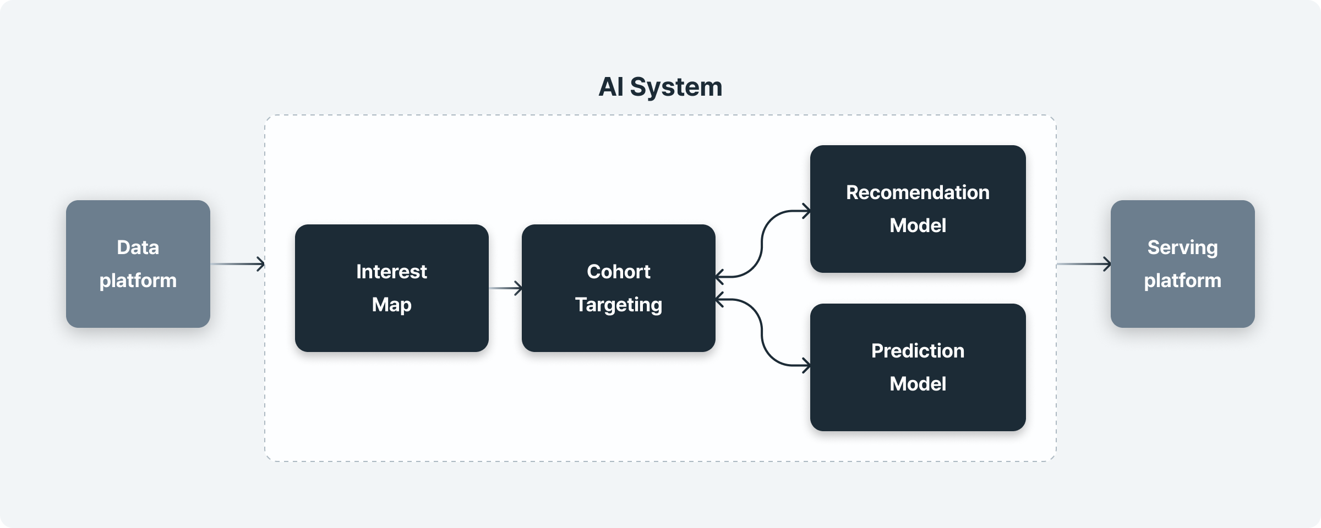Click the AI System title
pyautogui.click(x=660, y=87)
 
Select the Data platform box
pyautogui.click(x=138, y=264)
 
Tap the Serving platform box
pyautogui.click(x=1183, y=264)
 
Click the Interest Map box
pyautogui.click(x=392, y=288)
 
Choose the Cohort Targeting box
pyautogui.click(x=619, y=288)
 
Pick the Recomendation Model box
pyautogui.click(x=918, y=209)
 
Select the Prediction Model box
pyautogui.click(x=918, y=367)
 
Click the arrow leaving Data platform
pyautogui.click(x=238, y=264)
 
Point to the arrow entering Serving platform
pyautogui.click(x=1084, y=264)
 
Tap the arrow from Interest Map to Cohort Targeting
pyautogui.click(x=505, y=288)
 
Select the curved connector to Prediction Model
pyautogui.click(x=762, y=332)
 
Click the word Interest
pyautogui.click(x=391, y=272)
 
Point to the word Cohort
pyautogui.click(x=619, y=272)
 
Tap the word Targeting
pyautogui.click(x=619, y=305)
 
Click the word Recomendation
pyautogui.click(x=918, y=193)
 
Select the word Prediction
pyautogui.click(x=918, y=351)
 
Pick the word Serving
pyautogui.click(x=1183, y=248)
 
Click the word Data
pyautogui.click(x=138, y=248)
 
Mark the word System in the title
pyautogui.click(x=676, y=87)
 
